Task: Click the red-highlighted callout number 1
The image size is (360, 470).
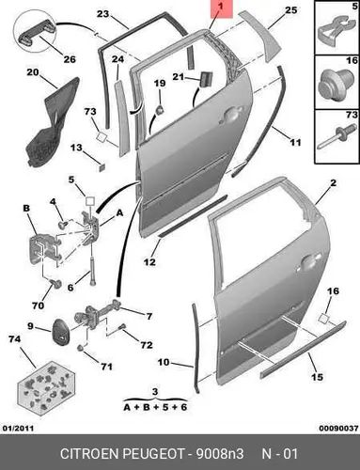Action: (221, 6)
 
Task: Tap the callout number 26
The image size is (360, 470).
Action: (70, 59)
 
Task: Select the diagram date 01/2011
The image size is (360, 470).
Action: (18, 429)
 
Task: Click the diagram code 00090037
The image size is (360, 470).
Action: (338, 429)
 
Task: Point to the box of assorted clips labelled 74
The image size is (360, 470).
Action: (46, 388)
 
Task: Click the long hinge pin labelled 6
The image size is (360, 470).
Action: (93, 270)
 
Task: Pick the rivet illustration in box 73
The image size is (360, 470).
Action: (337, 136)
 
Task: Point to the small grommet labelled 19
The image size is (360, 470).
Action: (160, 110)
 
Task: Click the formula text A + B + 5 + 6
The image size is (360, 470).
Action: (155, 407)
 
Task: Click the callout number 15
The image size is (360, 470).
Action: (317, 376)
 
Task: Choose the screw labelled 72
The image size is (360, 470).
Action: (122, 327)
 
